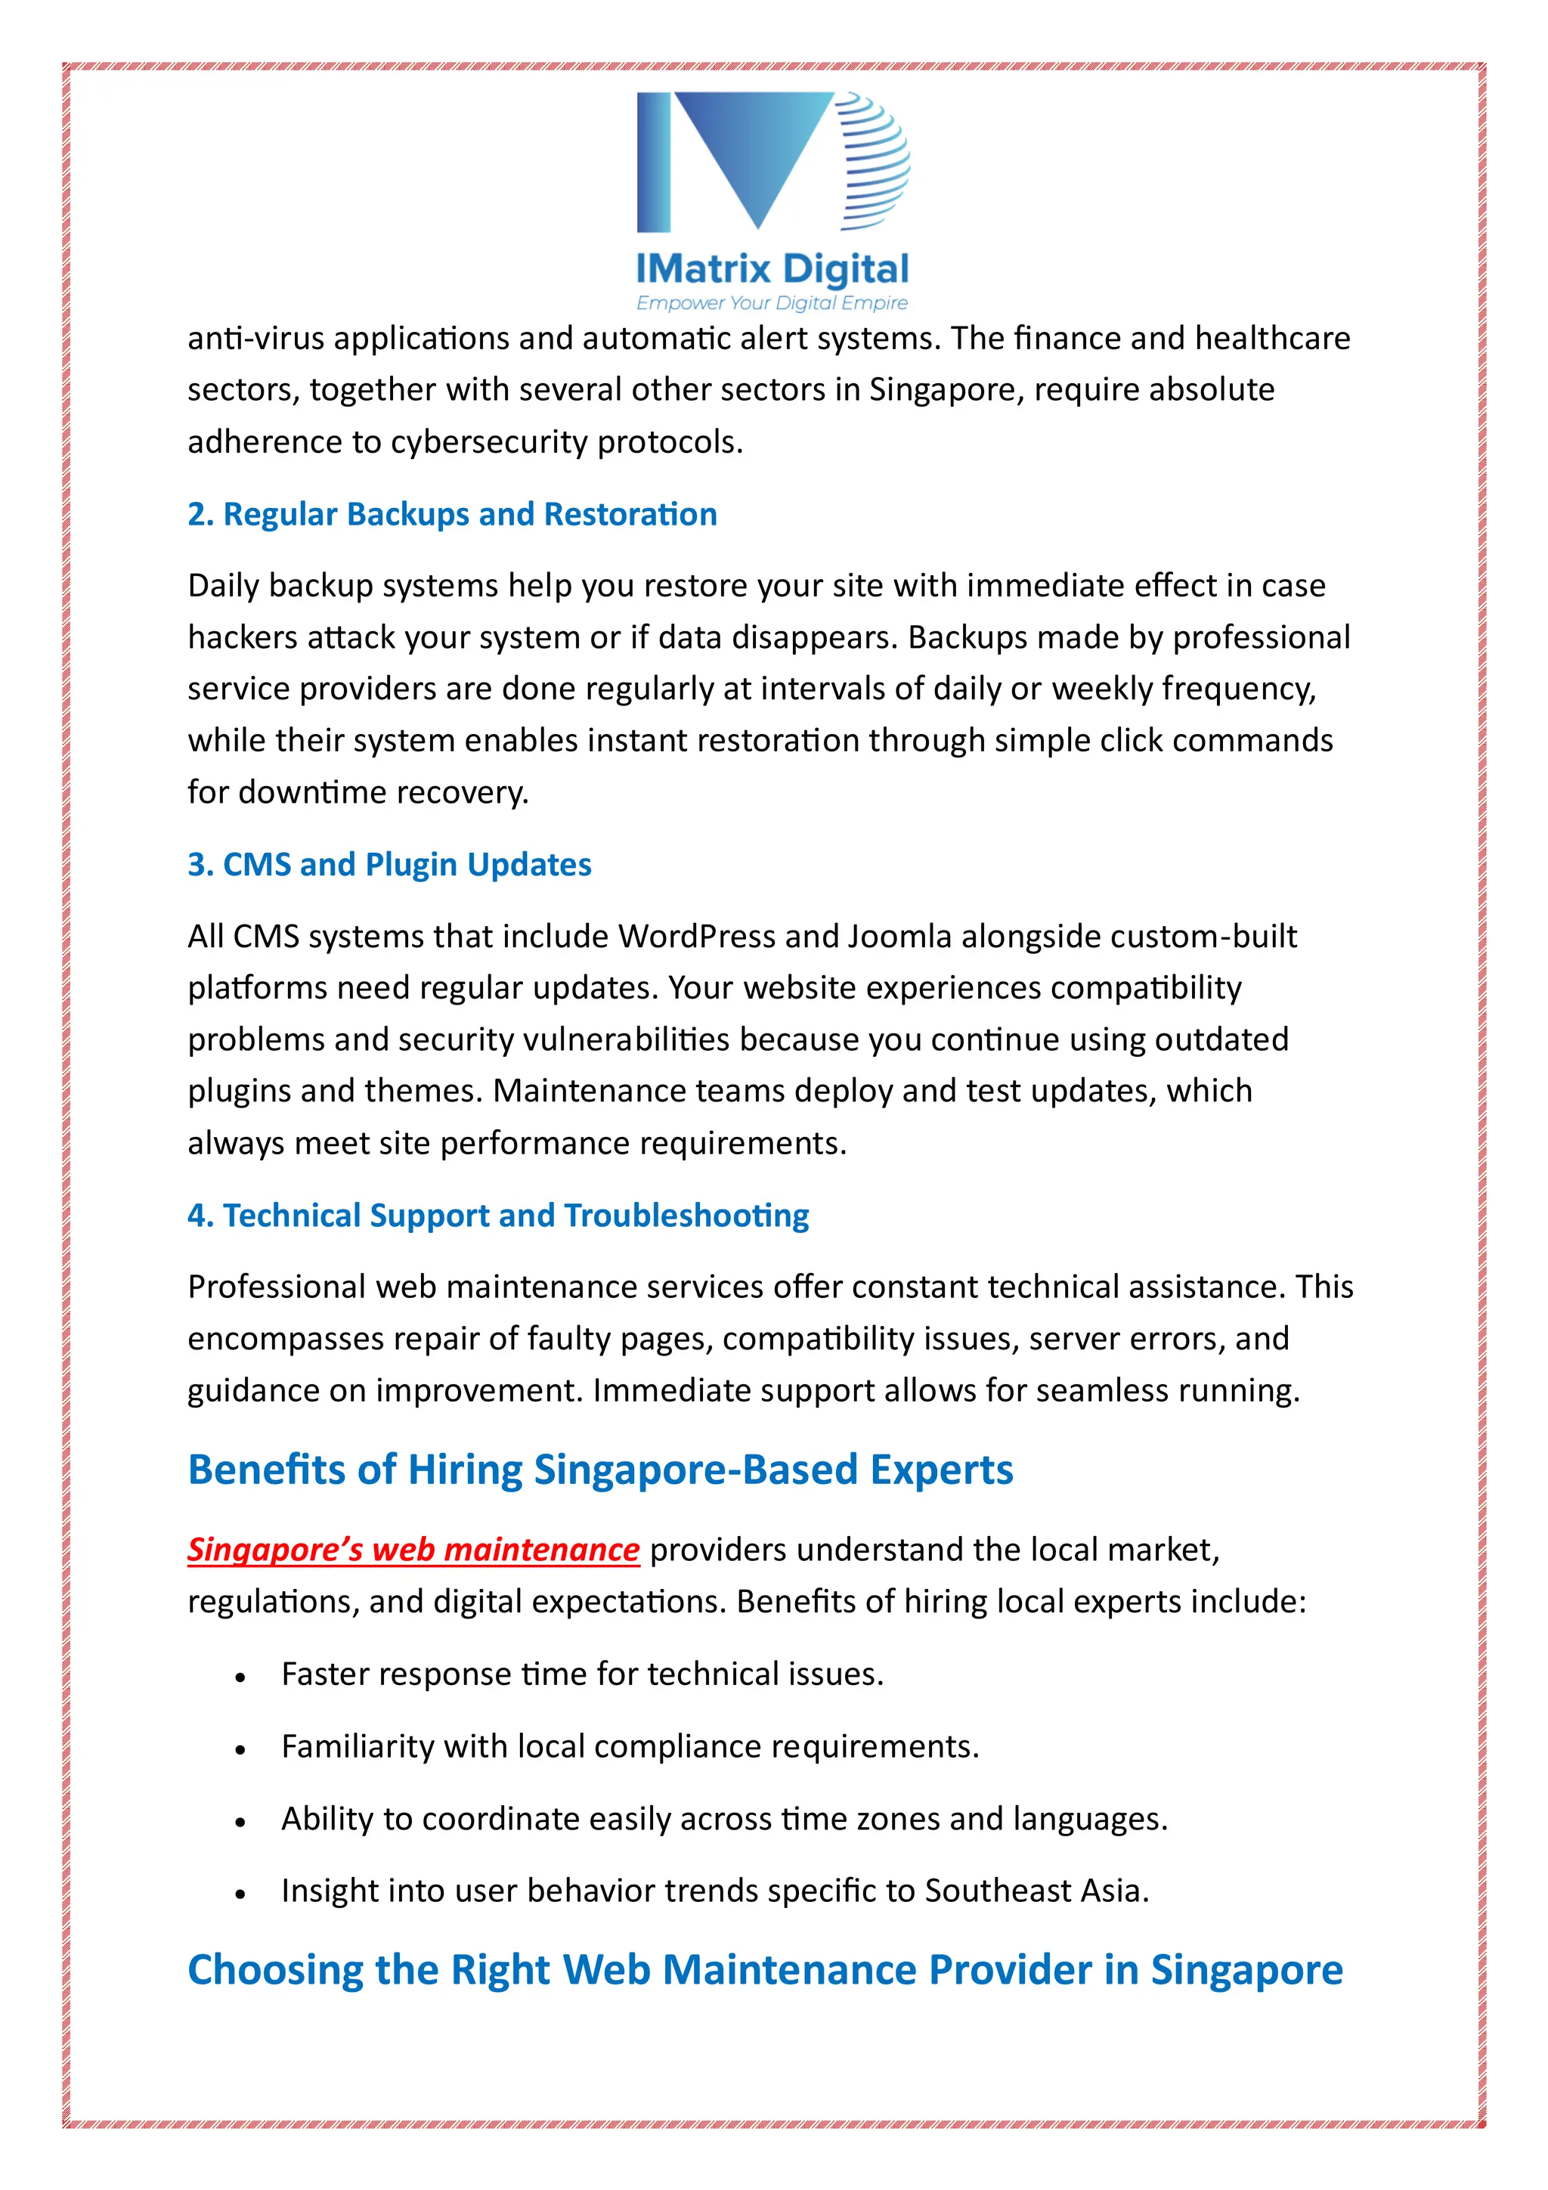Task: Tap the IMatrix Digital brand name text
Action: click(772, 269)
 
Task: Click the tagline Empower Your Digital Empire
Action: click(772, 303)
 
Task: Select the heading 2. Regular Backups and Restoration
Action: click(452, 514)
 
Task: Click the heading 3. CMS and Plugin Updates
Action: click(389, 864)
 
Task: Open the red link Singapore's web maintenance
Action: click(413, 1549)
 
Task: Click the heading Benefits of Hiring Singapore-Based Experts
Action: click(600, 1470)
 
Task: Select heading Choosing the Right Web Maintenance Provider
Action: click(765, 1970)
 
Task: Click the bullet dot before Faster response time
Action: click(240, 1677)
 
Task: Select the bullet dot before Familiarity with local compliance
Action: click(240, 1749)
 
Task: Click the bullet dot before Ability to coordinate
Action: click(240, 1822)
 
